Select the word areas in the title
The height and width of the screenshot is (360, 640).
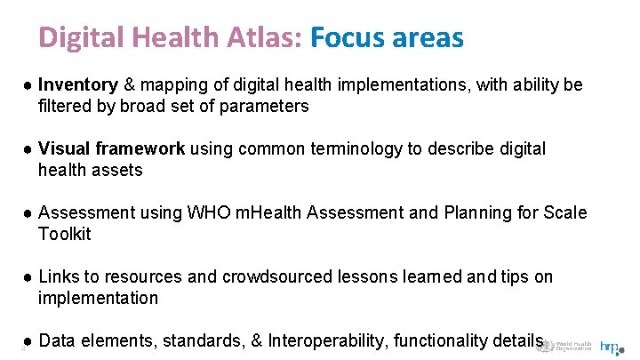click(x=426, y=37)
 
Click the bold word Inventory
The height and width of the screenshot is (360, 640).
click(x=78, y=84)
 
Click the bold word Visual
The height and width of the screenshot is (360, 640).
click(x=65, y=148)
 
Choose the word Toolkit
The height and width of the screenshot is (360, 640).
click(x=65, y=234)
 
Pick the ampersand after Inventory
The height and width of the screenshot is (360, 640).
click(x=129, y=84)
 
